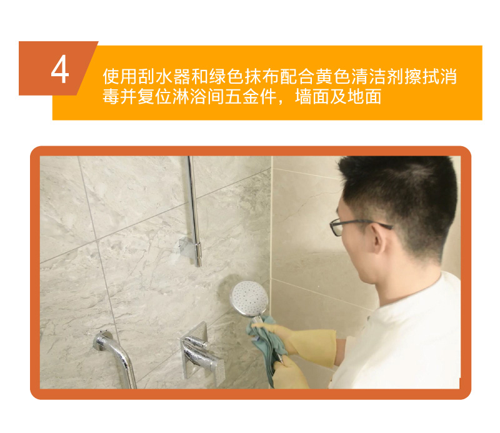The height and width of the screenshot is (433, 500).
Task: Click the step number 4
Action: [x=59, y=69]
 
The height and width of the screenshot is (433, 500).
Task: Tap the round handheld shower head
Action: [x=249, y=299]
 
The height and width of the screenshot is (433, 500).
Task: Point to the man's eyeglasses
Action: [x=357, y=226]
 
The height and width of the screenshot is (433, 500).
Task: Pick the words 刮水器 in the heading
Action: [x=164, y=76]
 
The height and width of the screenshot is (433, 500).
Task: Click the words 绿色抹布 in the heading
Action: [x=244, y=76]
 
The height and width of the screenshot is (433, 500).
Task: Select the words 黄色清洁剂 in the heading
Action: [x=360, y=76]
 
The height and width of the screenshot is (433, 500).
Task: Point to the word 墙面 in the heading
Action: [x=312, y=97]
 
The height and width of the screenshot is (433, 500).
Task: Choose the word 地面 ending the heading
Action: [x=364, y=97]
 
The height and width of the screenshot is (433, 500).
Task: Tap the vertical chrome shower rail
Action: [x=193, y=211]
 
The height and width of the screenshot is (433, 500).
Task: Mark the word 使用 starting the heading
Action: [x=120, y=76]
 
